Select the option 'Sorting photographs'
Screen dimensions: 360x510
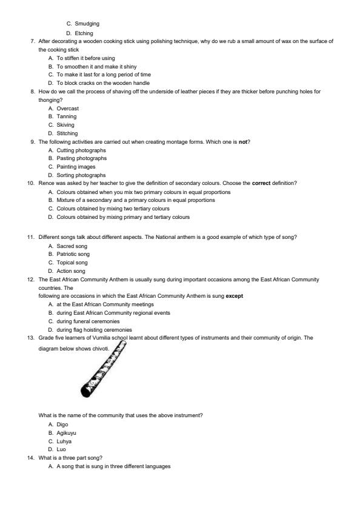click(81, 175)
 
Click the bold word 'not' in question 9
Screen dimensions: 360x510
click(245, 141)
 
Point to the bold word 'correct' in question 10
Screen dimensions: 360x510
click(261, 183)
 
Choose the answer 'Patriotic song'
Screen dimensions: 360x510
click(73, 254)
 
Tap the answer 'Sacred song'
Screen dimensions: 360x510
click(72, 246)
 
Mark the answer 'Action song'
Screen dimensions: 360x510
click(71, 271)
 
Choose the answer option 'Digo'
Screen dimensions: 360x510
click(62, 424)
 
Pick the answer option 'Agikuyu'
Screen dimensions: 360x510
click(67, 433)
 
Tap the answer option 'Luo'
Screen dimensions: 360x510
click(62, 449)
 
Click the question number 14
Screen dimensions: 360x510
click(30, 458)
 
